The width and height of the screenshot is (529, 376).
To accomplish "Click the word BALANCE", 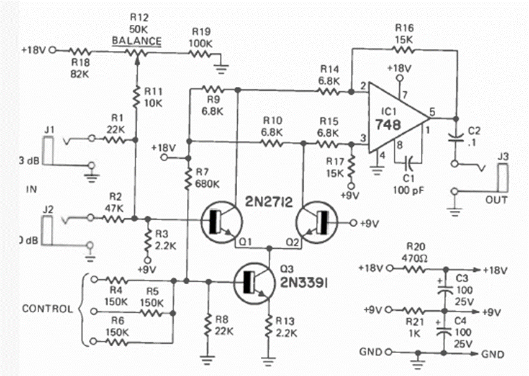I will pyautogui.click(x=137, y=42).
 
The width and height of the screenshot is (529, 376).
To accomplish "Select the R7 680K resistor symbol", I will pyautogui.click(x=188, y=177).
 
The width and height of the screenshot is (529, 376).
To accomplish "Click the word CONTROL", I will pyautogui.click(x=47, y=309).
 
